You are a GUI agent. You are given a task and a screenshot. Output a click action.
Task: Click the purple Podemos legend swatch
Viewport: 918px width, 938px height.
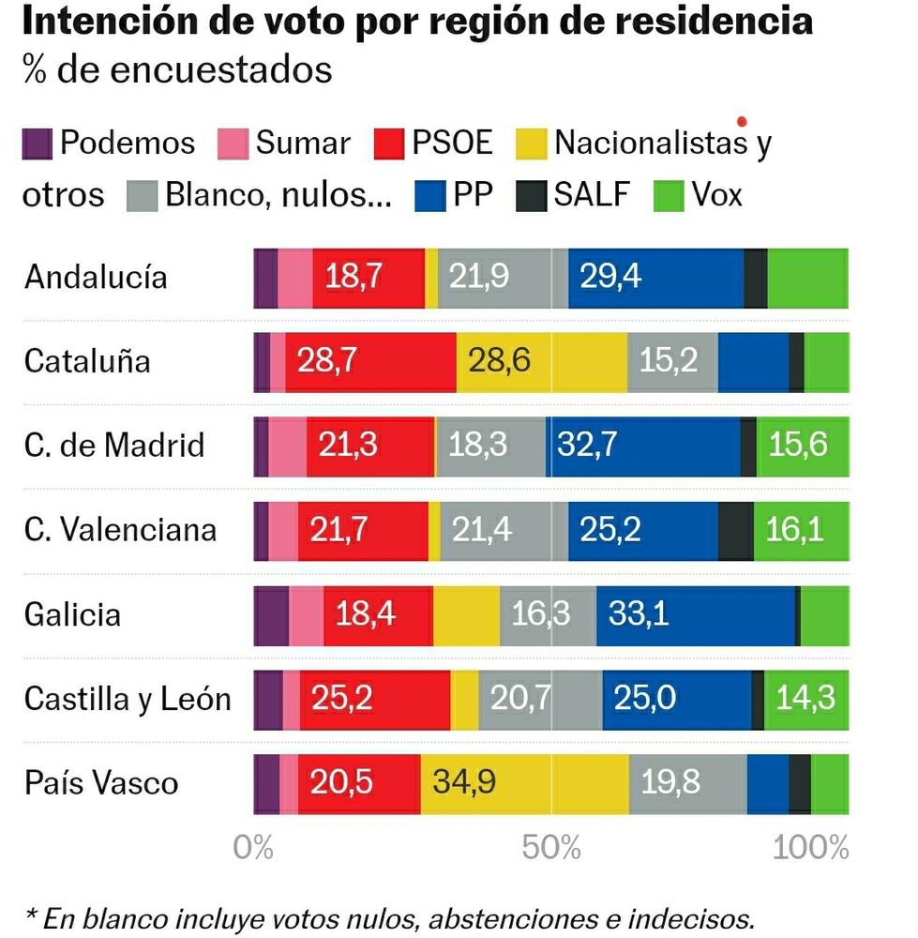tap(37, 144)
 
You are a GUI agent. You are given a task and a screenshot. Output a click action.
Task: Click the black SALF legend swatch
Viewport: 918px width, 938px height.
tap(531, 195)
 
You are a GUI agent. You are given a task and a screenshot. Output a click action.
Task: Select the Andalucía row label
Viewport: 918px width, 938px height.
tap(96, 278)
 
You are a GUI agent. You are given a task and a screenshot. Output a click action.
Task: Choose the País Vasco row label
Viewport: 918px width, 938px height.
tap(101, 783)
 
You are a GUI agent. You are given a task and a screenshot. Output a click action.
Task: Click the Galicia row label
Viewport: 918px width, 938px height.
tap(72, 615)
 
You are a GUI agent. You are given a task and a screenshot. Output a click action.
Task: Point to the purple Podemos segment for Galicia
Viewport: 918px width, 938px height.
tap(271, 615)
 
